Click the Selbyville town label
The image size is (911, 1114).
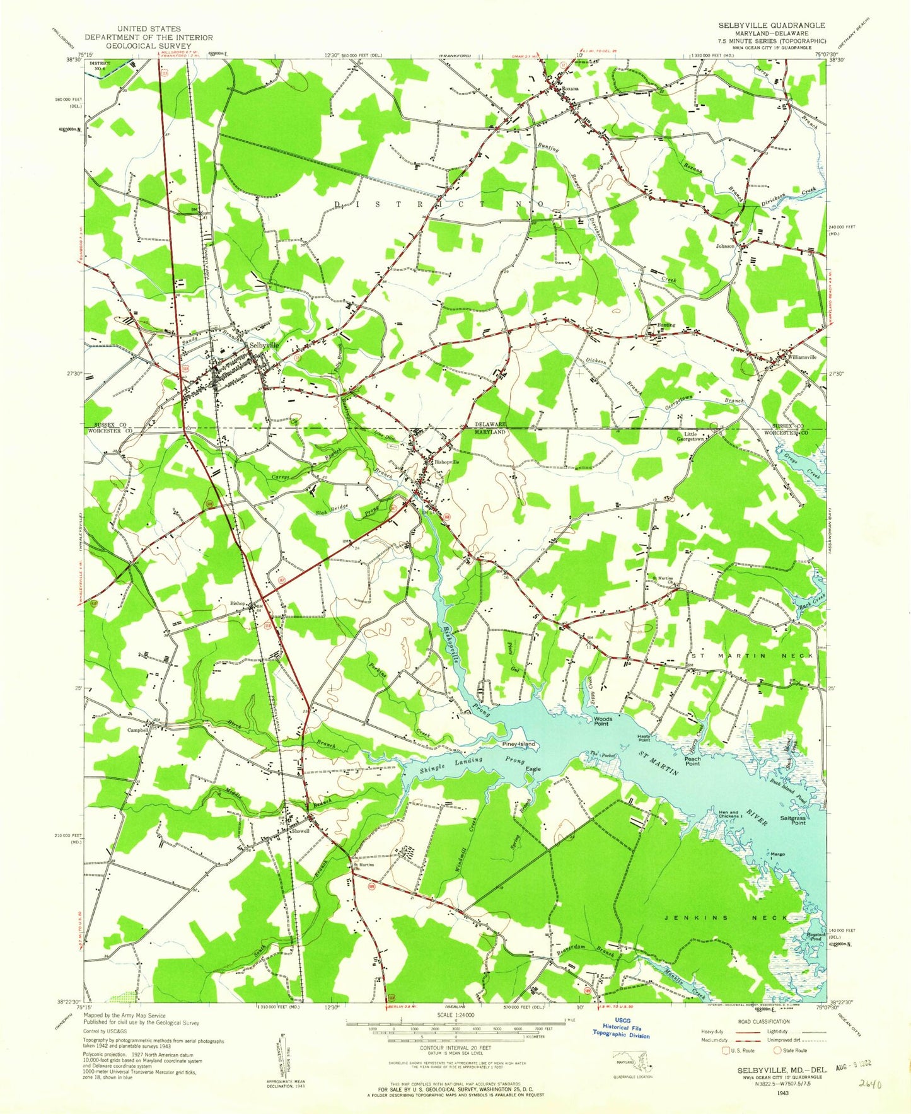click(x=264, y=346)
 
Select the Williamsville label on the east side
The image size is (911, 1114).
click(x=802, y=357)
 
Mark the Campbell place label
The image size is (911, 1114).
click(x=136, y=730)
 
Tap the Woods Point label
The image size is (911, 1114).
click(x=603, y=721)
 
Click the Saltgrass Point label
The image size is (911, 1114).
click(x=793, y=820)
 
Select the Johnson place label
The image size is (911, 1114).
click(x=725, y=246)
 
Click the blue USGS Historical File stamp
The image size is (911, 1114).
click(x=621, y=1031)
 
